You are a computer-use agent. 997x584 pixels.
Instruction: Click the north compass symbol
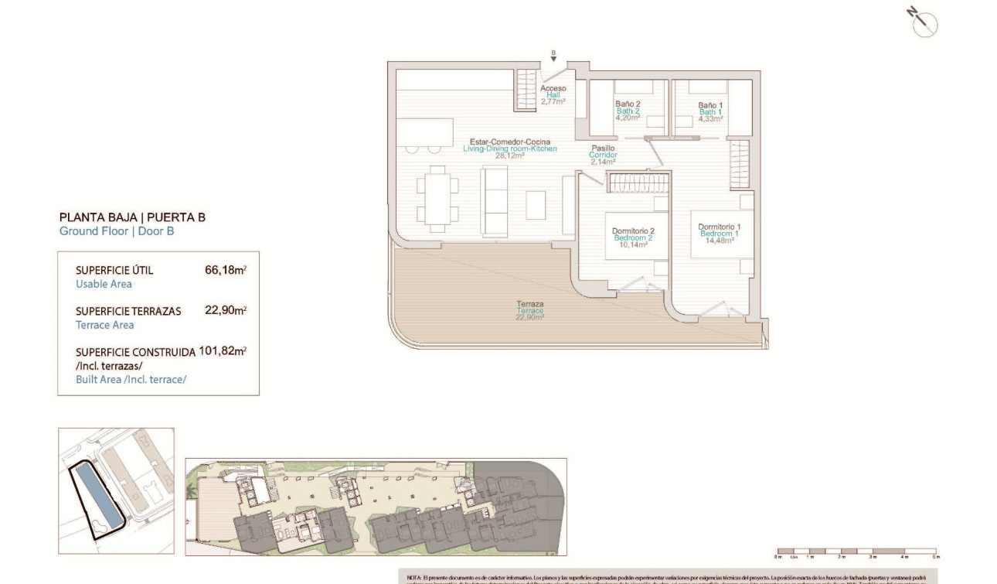coord(924,23)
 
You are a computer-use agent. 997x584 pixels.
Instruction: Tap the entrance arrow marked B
coord(553,56)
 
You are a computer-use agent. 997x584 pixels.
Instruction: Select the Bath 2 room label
coord(628,111)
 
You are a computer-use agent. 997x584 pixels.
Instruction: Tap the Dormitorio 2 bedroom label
coord(633,237)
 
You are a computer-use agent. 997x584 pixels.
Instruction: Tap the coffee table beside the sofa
coord(536,205)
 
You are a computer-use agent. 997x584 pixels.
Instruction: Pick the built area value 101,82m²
coord(223,350)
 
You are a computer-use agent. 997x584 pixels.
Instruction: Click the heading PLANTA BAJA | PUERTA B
coord(132,217)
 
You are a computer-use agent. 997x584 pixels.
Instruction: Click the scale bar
coord(856,552)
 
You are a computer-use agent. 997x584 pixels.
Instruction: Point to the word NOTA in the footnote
coord(414,577)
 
